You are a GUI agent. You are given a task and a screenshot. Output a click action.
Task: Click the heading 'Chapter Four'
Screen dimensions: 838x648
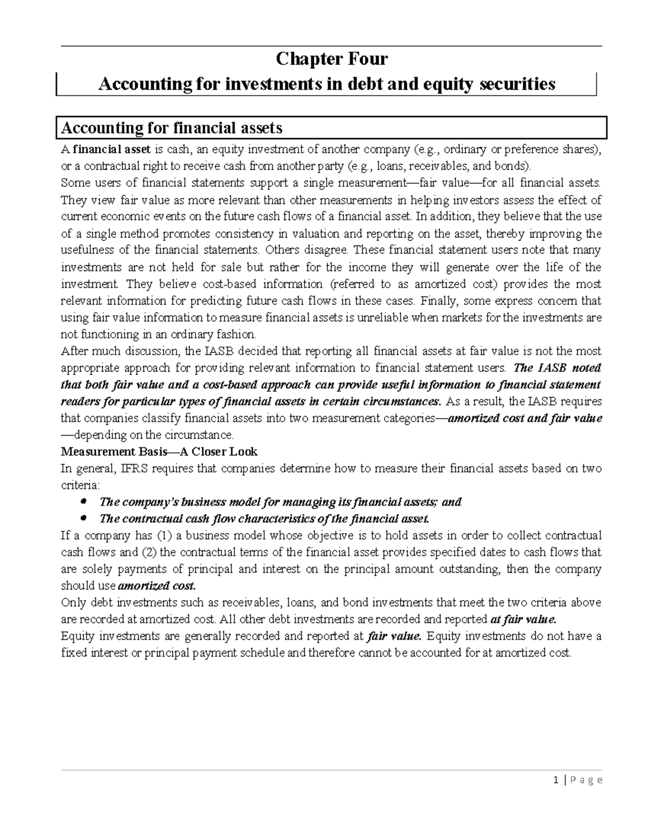pyautogui.click(x=332, y=58)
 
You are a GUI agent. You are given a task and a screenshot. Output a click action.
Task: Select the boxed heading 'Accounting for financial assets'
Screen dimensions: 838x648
pyautogui.click(x=172, y=128)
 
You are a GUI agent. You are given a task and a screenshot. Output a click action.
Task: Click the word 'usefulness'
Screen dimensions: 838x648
pyautogui.click(x=87, y=250)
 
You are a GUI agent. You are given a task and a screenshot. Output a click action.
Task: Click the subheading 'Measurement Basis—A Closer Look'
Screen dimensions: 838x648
pyautogui.click(x=159, y=452)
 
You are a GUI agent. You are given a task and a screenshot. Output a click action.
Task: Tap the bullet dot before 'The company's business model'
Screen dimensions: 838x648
pyautogui.click(x=83, y=502)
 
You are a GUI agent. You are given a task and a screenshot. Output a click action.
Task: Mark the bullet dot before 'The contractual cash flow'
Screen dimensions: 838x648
pyautogui.click(x=83, y=519)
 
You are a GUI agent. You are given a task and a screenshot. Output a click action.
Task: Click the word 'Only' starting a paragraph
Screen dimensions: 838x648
pyautogui.click(x=73, y=603)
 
